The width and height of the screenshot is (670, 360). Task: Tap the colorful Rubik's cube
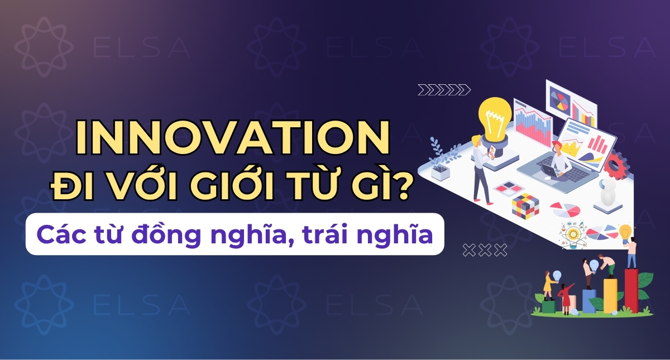[525, 205]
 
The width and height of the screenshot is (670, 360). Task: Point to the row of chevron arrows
[444, 89]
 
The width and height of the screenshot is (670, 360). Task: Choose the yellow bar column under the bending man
[610, 295]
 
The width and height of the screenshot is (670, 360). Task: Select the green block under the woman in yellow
[549, 306]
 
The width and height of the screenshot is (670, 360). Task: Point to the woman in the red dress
[566, 299]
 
